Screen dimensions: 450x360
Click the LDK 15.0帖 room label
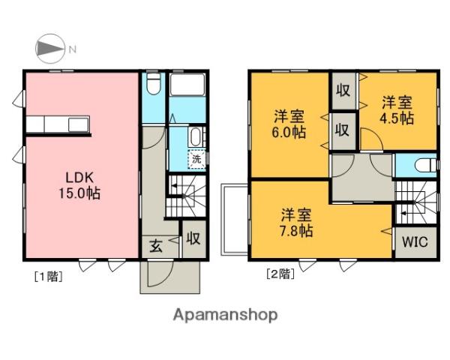[x=79, y=185]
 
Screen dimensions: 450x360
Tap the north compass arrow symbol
[x=49, y=49]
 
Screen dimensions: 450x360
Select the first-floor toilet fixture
[x=153, y=83]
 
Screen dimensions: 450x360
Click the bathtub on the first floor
[x=187, y=85]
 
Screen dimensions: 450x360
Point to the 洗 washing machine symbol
[x=196, y=159]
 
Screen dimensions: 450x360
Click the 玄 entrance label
[x=156, y=246]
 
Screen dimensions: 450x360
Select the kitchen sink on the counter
[x=78, y=124]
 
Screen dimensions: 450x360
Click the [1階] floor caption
[x=48, y=277]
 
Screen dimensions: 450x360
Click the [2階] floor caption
[x=280, y=274]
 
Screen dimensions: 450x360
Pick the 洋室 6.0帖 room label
[x=289, y=124]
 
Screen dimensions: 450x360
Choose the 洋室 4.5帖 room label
[x=397, y=110]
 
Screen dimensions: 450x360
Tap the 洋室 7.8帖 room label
[x=296, y=223]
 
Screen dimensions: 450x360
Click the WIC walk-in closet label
[x=415, y=241]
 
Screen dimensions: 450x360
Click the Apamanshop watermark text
[x=225, y=315]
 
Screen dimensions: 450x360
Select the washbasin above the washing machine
[x=196, y=137]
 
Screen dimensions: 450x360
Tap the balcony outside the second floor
[x=234, y=220]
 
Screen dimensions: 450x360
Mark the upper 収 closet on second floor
[x=343, y=91]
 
